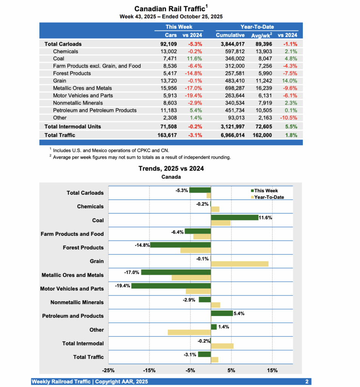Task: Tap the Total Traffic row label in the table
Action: click(60, 135)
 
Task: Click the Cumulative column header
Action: click(230, 35)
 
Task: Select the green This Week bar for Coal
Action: click(234, 217)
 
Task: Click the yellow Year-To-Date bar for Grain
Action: click(239, 264)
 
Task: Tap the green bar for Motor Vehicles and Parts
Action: click(171, 286)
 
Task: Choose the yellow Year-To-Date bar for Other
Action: click(189, 332)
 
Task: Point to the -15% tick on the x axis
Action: click(149, 370)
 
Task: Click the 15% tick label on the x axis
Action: click(272, 370)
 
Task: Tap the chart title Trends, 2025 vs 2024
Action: click(171, 169)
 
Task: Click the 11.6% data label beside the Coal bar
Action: click(265, 217)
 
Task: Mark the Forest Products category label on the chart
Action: click(83, 248)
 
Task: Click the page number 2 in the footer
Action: click(307, 382)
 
